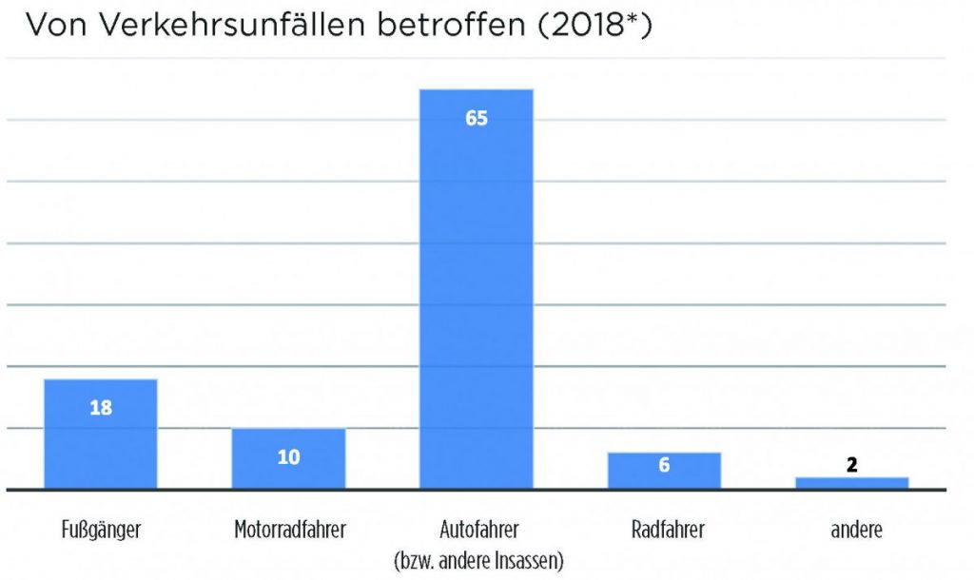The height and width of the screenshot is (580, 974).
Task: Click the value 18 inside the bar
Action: tap(101, 409)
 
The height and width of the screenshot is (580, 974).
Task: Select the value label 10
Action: tap(288, 457)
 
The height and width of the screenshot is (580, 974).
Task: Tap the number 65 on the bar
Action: tap(477, 119)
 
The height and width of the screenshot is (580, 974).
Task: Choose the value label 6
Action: tap(664, 466)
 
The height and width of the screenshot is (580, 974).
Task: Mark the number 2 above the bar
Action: tap(851, 465)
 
